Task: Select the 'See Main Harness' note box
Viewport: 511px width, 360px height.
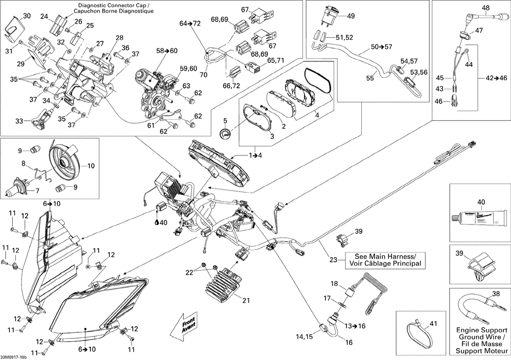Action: (385, 260)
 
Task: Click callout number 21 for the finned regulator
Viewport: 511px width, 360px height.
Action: (246, 300)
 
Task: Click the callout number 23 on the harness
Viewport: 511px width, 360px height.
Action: (333, 260)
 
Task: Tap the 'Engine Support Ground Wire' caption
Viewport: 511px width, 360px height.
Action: (480, 345)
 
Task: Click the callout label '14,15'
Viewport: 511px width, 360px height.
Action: (304, 337)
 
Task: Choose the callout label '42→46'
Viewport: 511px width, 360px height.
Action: (496, 78)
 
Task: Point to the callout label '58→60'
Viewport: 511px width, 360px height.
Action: (167, 51)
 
